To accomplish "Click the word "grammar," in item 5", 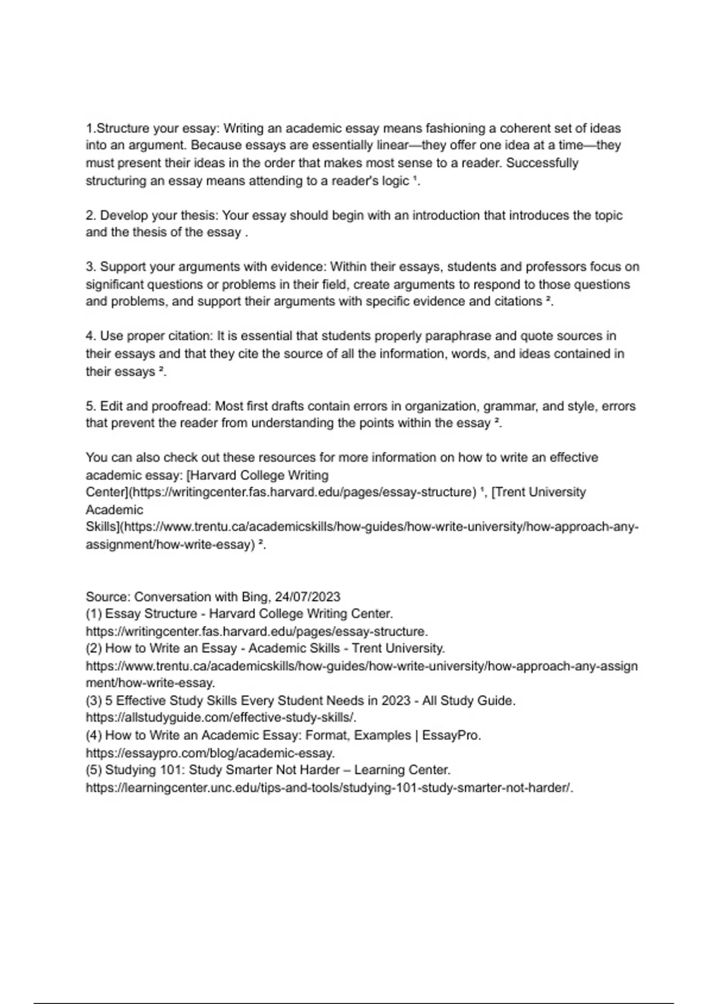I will [511, 406].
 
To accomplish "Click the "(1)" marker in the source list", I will [94, 614].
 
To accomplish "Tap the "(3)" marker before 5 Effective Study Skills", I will [94, 700].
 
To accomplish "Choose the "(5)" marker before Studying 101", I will [94, 770].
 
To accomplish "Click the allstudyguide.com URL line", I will [221, 718].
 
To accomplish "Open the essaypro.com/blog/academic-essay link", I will [210, 753].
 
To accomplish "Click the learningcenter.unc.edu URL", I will [329, 788].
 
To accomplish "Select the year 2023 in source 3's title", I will [396, 700].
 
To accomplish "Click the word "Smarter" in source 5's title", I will [251, 770].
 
